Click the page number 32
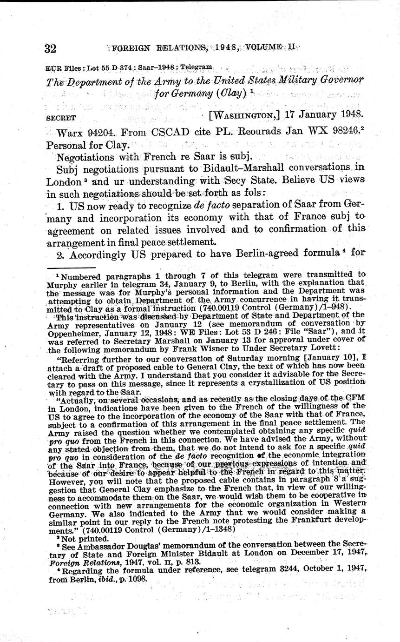[x=50, y=49]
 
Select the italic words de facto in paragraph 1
[x=214, y=205]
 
